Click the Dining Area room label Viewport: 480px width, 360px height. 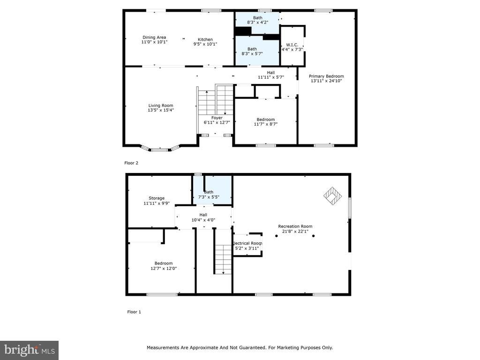(154, 37)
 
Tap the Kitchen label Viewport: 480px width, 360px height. (205, 39)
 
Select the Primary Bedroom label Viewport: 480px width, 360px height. (326, 76)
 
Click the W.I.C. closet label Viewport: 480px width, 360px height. (292, 45)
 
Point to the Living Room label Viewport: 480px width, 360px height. (161, 105)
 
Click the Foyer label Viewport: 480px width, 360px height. (217, 118)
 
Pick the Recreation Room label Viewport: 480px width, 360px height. (295, 226)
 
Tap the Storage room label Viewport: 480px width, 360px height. (157, 198)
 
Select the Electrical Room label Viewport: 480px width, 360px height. (247, 243)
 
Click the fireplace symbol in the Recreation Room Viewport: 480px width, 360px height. (333, 196)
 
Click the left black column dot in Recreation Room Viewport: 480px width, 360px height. (277, 236)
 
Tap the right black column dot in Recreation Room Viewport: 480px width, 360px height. (314, 236)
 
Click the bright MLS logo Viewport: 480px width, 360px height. (30, 350)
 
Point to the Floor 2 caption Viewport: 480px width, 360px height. (131, 163)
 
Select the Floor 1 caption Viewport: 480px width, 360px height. (134, 312)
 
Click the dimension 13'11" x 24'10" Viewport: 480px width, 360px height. (326, 81)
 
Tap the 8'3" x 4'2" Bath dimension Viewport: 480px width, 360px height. (258, 22)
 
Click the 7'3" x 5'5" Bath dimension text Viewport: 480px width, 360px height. (209, 197)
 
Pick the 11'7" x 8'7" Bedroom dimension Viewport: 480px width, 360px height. (266, 124)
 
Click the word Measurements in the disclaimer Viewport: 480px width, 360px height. (163, 347)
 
